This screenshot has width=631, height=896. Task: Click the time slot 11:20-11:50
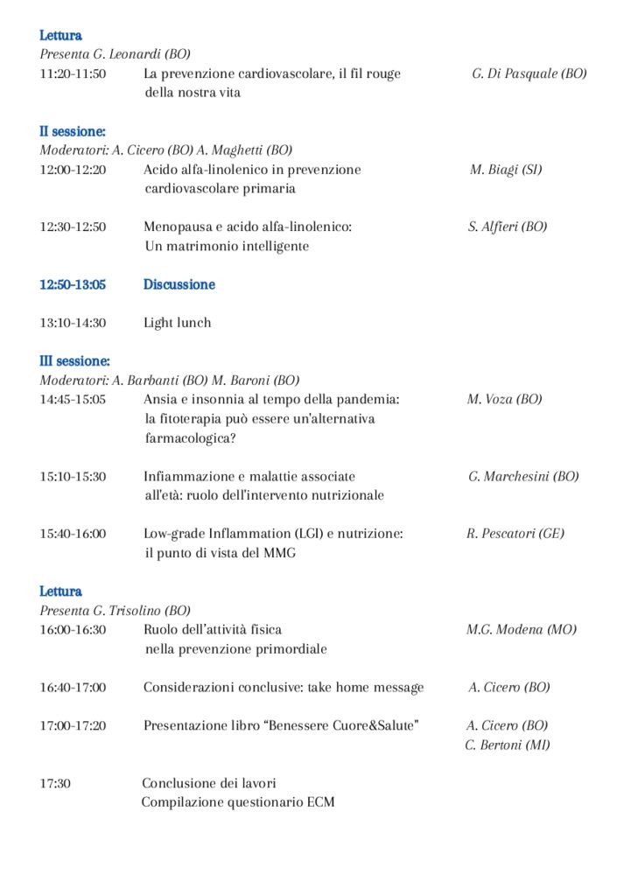click(73, 74)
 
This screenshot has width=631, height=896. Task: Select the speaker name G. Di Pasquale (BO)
click(529, 74)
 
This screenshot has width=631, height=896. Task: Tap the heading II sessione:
click(72, 131)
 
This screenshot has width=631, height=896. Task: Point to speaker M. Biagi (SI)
click(505, 170)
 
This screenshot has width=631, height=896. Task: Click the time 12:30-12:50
click(73, 227)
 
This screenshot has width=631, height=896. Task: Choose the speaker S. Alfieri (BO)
click(508, 227)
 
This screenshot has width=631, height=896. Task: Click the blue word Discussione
click(179, 284)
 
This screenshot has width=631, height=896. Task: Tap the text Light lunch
click(177, 323)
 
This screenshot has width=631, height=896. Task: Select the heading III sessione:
click(74, 360)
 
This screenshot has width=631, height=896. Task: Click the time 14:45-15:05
click(73, 399)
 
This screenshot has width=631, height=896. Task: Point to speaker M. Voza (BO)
click(504, 399)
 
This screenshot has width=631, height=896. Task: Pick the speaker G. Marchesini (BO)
click(523, 477)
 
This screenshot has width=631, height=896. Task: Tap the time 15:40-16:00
click(73, 534)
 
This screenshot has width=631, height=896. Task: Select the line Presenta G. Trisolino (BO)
click(115, 611)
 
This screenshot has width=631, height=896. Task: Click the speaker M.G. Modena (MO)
click(521, 629)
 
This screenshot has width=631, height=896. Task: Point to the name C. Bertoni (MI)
click(508, 745)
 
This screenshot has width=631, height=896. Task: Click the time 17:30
click(55, 783)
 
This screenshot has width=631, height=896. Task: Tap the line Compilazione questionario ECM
click(238, 802)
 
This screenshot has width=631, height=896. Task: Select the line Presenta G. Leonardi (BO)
click(115, 54)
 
